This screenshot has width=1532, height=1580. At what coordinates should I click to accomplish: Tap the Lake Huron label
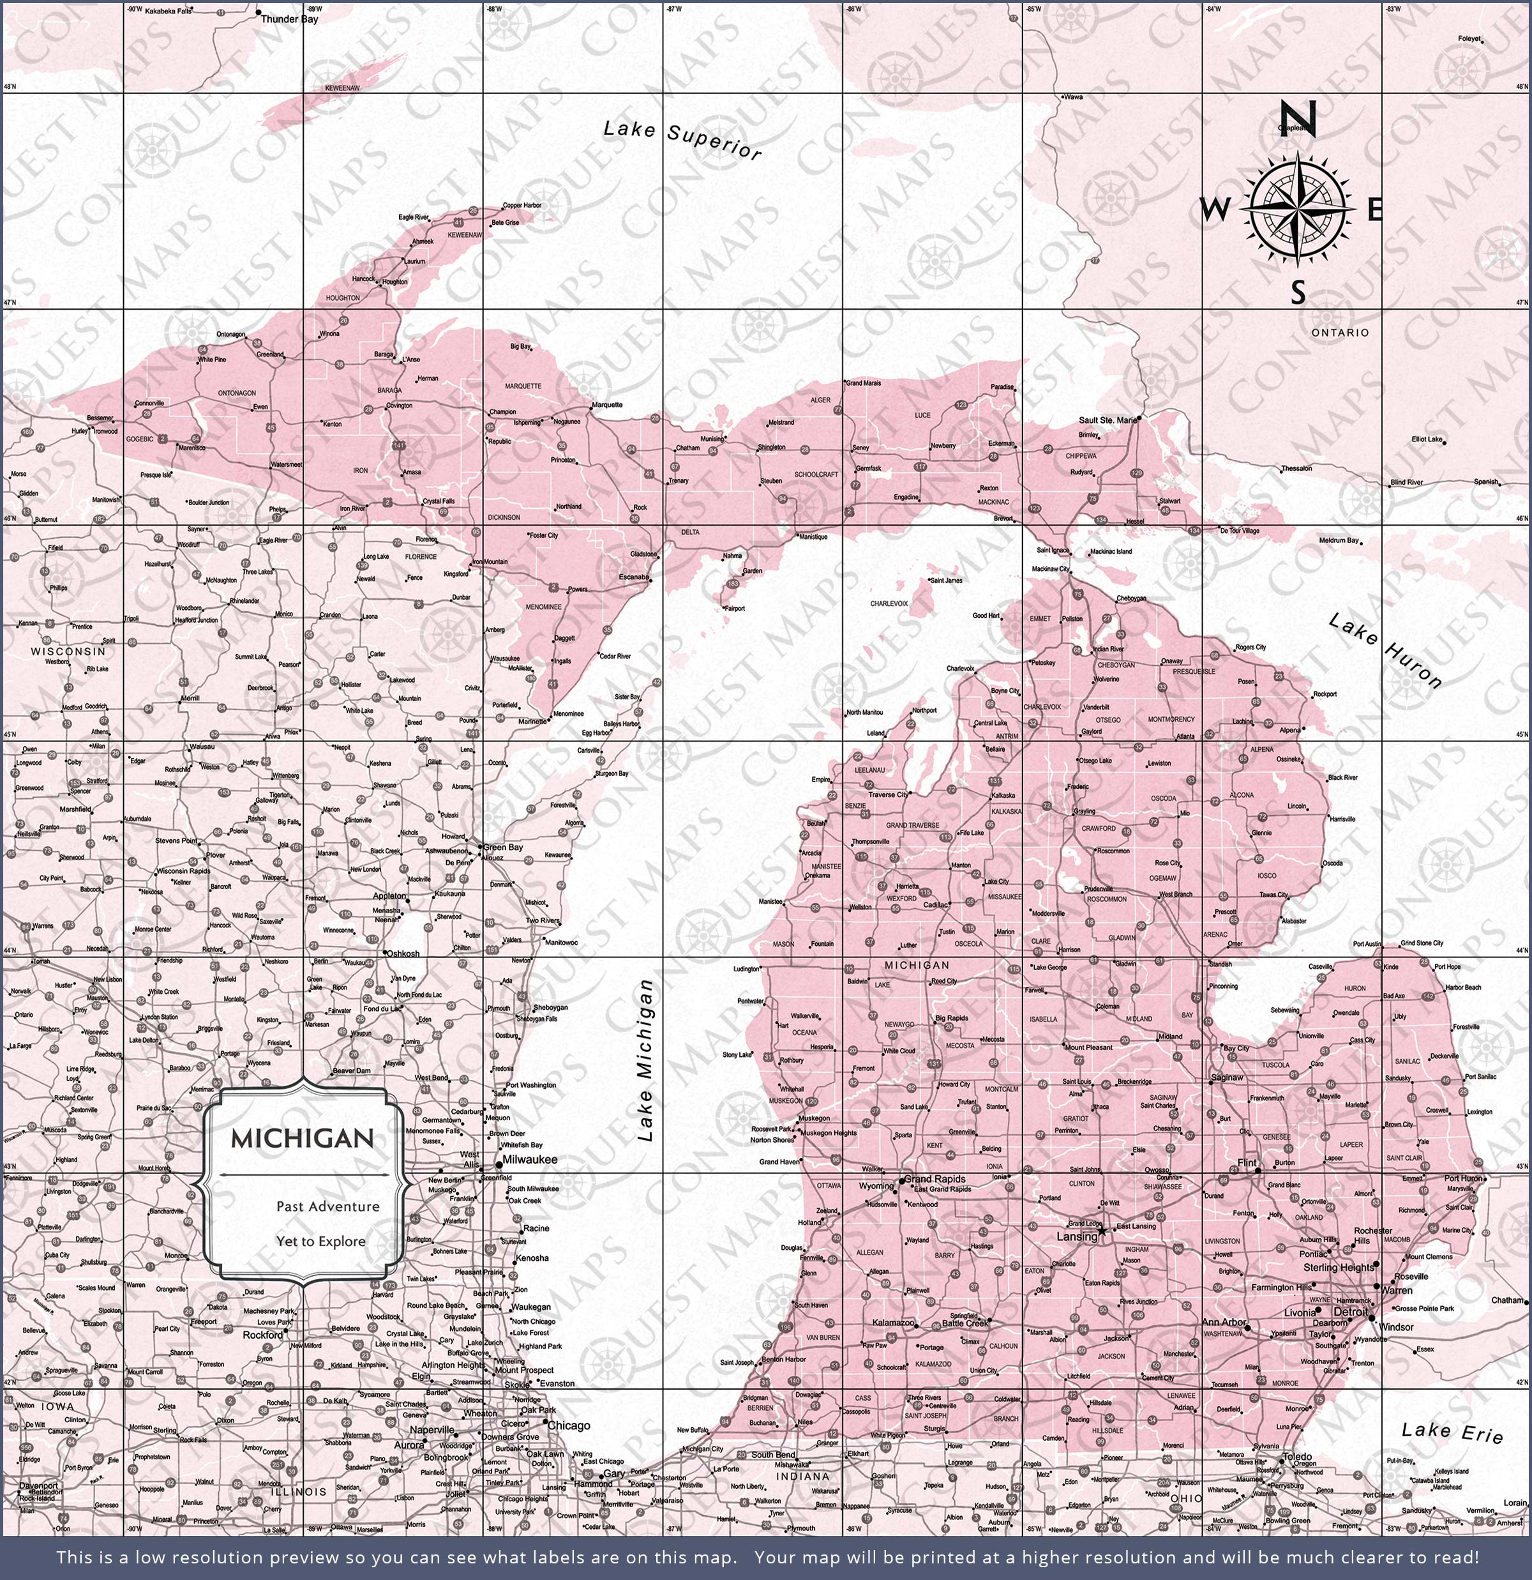click(1385, 651)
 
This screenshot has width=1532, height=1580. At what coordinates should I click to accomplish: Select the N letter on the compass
click(1298, 119)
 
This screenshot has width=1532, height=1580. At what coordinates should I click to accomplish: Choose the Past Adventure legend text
click(327, 1207)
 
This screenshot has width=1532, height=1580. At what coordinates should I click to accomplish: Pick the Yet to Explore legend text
click(320, 1242)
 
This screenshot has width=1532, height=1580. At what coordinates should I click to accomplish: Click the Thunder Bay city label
click(289, 19)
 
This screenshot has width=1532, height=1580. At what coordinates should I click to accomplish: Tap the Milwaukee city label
click(529, 1160)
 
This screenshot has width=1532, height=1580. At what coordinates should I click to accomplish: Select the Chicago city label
click(569, 1425)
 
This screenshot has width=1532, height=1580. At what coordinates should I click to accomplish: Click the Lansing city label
click(1077, 1236)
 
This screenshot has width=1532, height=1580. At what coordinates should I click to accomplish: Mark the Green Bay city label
click(503, 847)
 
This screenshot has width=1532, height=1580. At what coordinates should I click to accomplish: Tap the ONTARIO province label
click(1339, 332)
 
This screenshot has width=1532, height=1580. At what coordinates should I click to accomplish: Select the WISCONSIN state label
click(68, 651)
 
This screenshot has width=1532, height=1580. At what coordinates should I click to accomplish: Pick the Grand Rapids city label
click(935, 1178)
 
